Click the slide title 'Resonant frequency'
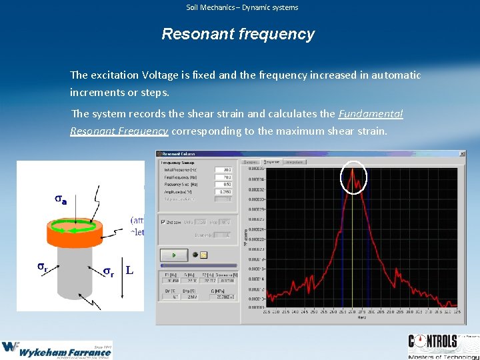pos(238,34)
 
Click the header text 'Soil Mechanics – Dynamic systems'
pos(242,7)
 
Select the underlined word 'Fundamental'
pos(371,114)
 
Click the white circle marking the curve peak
pos(354,177)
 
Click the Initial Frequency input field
pos(223,170)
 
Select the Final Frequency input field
pos(223,177)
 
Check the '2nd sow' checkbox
pos(163,222)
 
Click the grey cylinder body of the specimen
pos(74,273)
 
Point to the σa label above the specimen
pos(60,199)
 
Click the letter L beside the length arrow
pos(129,271)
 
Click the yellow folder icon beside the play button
pos(204,255)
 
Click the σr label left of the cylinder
pos(41,267)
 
